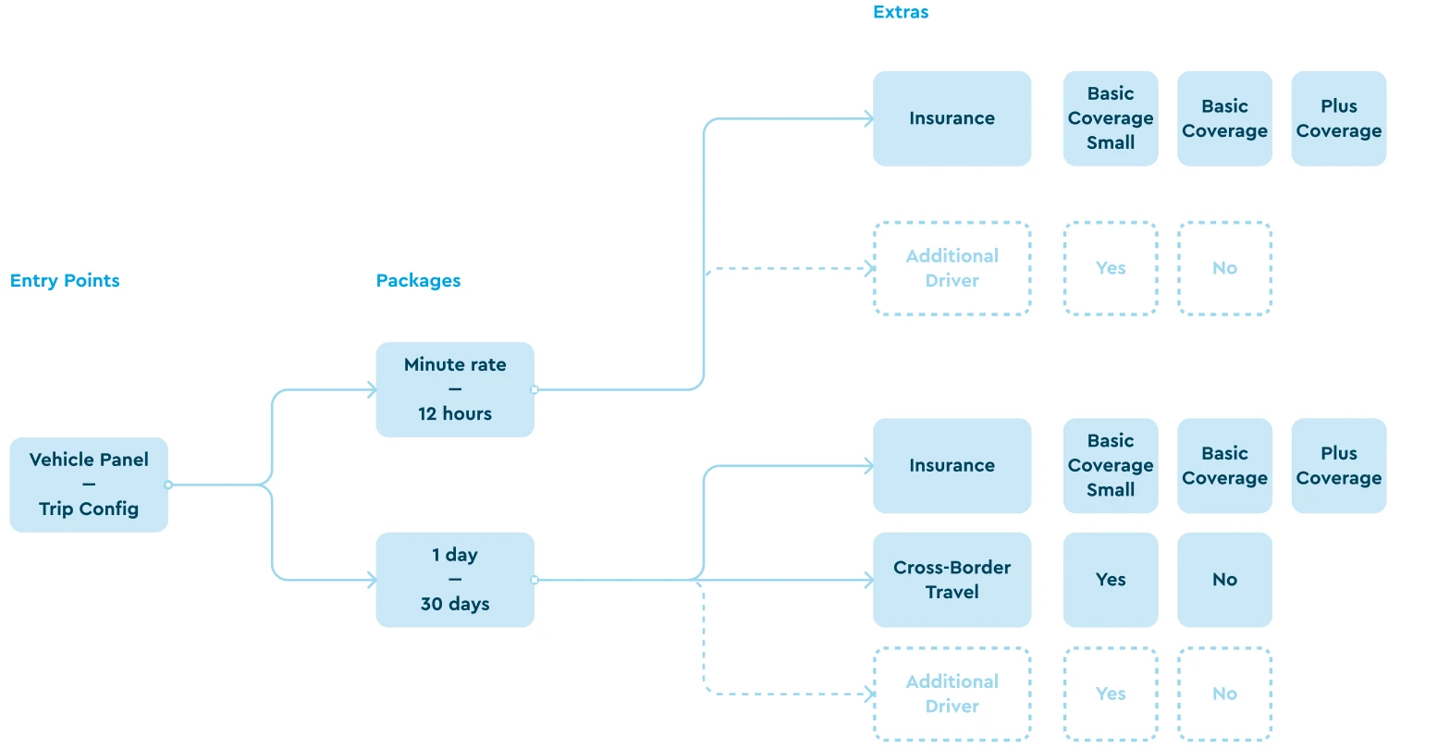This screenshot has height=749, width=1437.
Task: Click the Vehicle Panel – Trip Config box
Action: click(89, 485)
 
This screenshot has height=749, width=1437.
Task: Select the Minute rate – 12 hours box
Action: click(455, 389)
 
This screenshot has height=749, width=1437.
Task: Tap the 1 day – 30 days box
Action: click(455, 580)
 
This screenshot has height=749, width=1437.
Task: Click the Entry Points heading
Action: click(65, 281)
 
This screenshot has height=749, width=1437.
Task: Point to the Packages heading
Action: click(418, 281)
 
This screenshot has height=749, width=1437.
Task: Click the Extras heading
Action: click(901, 12)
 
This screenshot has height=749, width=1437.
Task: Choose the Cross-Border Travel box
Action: click(952, 580)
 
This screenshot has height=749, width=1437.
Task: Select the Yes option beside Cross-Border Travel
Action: click(1111, 580)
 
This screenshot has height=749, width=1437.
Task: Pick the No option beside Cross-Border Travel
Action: click(1224, 580)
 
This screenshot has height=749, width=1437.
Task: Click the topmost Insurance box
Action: click(952, 118)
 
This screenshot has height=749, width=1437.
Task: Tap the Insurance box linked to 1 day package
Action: click(952, 466)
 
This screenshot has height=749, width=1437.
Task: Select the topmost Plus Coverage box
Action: click(1338, 118)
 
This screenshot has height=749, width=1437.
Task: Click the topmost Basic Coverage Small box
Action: click(1111, 118)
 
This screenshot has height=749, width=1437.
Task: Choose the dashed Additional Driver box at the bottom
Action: click(952, 694)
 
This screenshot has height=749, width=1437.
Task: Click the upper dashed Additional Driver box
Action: click(952, 268)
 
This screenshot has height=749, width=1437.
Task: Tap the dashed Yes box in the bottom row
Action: click(1111, 694)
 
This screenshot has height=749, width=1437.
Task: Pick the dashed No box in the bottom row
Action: click(1224, 694)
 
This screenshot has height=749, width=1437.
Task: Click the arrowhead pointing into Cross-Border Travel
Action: click(868, 580)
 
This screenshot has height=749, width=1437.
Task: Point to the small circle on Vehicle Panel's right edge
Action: click(168, 485)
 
